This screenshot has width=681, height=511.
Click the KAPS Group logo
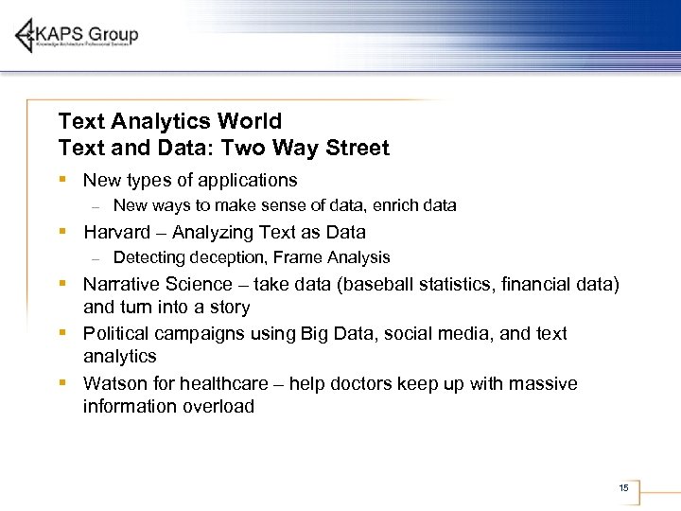click(x=78, y=35)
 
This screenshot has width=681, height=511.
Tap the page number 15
click(x=623, y=488)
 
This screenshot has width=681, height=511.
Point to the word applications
click(x=245, y=181)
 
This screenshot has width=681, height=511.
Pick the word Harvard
click(x=116, y=232)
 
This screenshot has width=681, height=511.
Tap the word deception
click(x=224, y=257)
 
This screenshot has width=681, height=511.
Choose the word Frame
click(x=295, y=257)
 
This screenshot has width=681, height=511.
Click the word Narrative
click(x=122, y=284)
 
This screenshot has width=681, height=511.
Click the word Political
click(x=117, y=334)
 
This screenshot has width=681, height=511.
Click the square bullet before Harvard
click(x=61, y=232)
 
